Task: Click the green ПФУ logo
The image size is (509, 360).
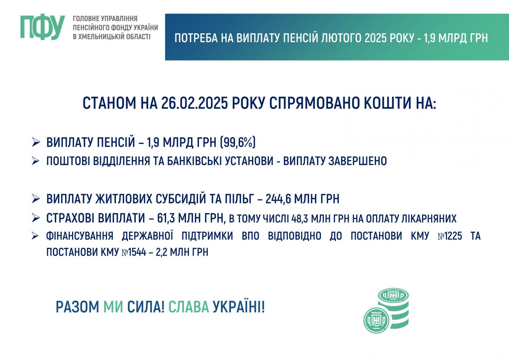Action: pyautogui.click(x=42, y=28)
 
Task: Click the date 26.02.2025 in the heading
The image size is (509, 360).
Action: pyautogui.click(x=194, y=103)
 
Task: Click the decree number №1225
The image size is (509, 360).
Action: pyautogui.click(x=450, y=236)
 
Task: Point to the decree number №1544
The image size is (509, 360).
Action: pyautogui.click(x=134, y=252)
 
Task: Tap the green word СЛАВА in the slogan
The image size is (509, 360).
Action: pyautogui.click(x=189, y=307)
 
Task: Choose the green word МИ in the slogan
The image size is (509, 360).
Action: pyautogui.click(x=113, y=307)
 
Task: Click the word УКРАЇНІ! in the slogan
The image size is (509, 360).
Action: pyautogui.click(x=239, y=307)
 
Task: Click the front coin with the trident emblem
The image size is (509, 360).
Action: pyautogui.click(x=377, y=320)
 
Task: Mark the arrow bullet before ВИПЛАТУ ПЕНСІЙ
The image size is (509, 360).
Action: pyautogui.click(x=36, y=142)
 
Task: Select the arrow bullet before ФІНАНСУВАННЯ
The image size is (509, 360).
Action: pyautogui.click(x=35, y=236)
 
